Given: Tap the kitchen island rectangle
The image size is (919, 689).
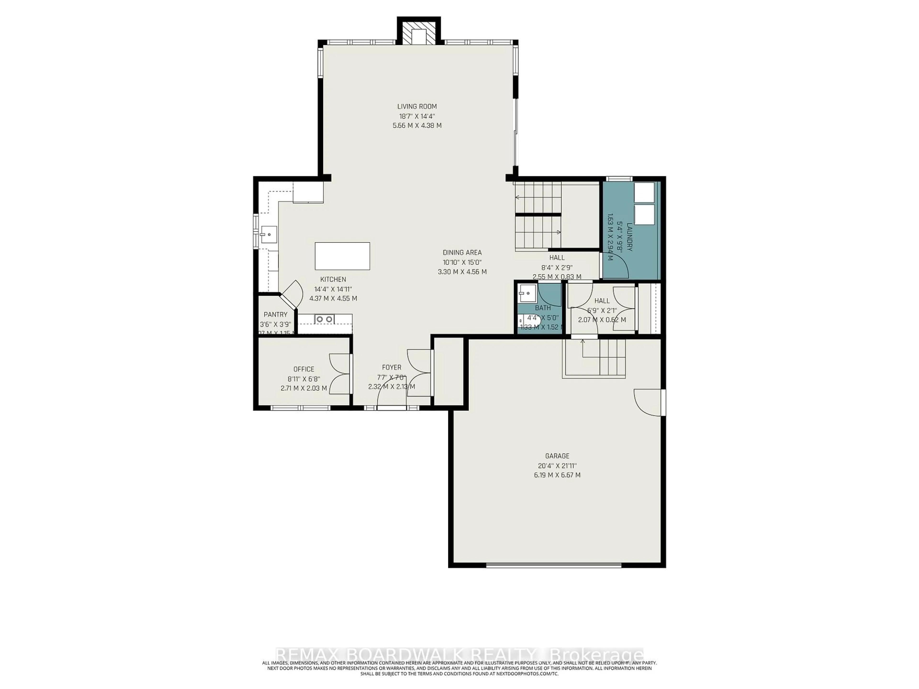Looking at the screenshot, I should (342, 256).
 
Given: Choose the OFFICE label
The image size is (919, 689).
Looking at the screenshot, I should (304, 369).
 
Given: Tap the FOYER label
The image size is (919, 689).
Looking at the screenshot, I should (391, 367).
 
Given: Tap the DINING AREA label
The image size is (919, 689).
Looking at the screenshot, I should (462, 252).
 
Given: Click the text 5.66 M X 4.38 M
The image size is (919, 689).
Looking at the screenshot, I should (417, 125).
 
